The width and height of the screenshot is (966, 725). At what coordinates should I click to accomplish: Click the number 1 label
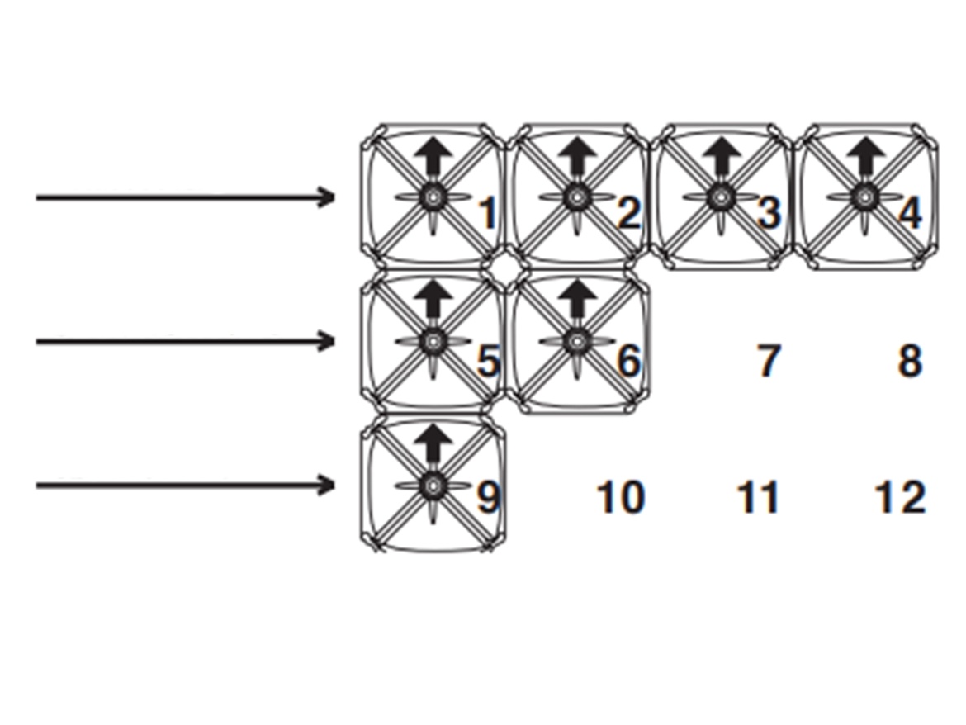pyautogui.click(x=488, y=215)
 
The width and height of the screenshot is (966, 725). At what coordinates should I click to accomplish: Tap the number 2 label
pyautogui.click(x=629, y=215)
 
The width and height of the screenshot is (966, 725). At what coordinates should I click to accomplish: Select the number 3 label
pyautogui.click(x=769, y=215)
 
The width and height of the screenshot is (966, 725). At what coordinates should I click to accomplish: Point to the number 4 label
pyautogui.click(x=910, y=215)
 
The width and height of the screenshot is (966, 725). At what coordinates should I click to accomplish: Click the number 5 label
pyautogui.click(x=488, y=361)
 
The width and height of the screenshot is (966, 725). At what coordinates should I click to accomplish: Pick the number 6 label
pyautogui.click(x=629, y=361)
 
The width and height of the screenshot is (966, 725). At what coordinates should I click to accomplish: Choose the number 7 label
pyautogui.click(x=769, y=361)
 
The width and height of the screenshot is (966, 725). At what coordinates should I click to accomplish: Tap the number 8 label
pyautogui.click(x=909, y=361)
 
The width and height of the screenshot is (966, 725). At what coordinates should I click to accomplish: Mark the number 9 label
pyautogui.click(x=488, y=498)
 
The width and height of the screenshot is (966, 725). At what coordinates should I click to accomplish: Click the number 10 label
pyautogui.click(x=620, y=498)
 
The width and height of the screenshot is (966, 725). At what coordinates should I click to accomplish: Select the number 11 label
pyautogui.click(x=758, y=498)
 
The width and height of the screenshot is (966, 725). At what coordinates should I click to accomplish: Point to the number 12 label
pyautogui.click(x=900, y=498)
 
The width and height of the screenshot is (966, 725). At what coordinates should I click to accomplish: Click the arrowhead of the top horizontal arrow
pyautogui.click(x=327, y=197)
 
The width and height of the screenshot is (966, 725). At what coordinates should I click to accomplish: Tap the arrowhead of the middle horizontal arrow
pyautogui.click(x=327, y=341)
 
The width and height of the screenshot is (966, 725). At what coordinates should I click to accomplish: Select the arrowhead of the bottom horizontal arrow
pyautogui.click(x=327, y=485)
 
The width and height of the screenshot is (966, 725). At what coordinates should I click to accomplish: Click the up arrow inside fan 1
pyautogui.click(x=433, y=155)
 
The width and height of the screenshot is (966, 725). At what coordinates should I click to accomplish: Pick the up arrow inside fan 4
pyautogui.click(x=865, y=155)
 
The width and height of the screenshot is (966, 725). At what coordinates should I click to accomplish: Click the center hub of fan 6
pyautogui.click(x=576, y=341)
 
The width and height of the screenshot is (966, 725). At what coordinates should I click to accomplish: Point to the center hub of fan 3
pyautogui.click(x=721, y=197)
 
